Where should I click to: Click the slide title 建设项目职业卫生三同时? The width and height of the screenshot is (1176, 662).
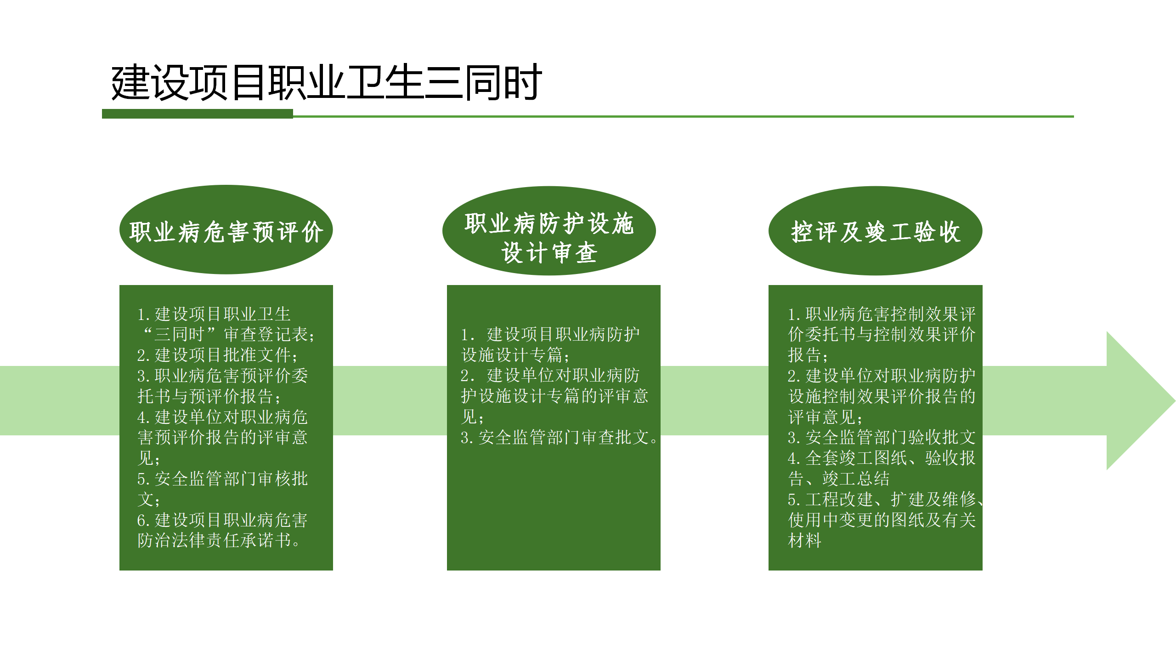click(327, 83)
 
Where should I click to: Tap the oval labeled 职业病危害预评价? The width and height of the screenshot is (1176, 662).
click(226, 230)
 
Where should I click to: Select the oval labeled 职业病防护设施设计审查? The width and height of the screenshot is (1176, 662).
click(549, 231)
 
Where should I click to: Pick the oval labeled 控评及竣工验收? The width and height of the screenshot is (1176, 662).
click(876, 231)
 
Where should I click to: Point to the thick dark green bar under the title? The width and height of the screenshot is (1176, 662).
click(198, 114)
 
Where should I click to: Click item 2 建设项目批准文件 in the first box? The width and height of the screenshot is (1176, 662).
click(218, 355)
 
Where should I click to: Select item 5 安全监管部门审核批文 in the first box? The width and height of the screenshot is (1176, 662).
click(223, 489)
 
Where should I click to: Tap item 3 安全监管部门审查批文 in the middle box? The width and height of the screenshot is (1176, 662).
click(559, 437)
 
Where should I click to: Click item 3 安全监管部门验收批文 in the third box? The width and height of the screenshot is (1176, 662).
click(882, 437)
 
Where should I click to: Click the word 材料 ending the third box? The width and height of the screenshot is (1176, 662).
click(805, 540)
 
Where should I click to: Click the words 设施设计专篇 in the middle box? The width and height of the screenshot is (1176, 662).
click(512, 355)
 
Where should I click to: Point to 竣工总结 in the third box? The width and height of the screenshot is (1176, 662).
click(856, 479)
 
